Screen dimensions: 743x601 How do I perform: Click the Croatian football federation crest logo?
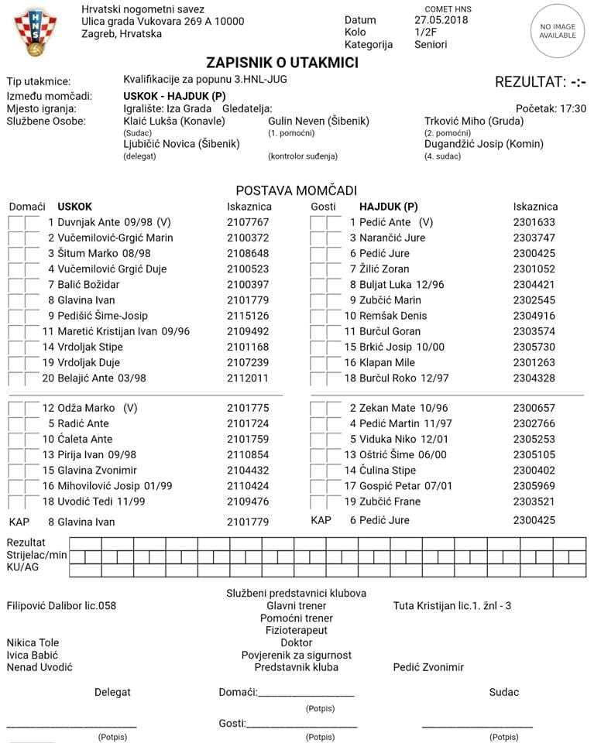coord(35,33)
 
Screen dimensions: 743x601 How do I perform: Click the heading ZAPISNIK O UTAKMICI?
coord(282,63)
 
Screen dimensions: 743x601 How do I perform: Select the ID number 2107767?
coord(248,222)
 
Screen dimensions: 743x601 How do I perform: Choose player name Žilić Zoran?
coord(386,269)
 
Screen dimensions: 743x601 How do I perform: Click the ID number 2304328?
coord(534,378)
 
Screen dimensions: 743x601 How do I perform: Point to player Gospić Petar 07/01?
coord(398,485)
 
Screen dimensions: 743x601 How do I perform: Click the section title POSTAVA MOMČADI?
coord(297,190)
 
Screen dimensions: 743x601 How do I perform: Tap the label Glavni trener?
coord(297,605)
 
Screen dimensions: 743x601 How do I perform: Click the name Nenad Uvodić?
coord(39,667)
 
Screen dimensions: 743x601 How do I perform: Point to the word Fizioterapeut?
coord(297,630)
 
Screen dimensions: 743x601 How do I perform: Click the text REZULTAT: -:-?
coord(541,82)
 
